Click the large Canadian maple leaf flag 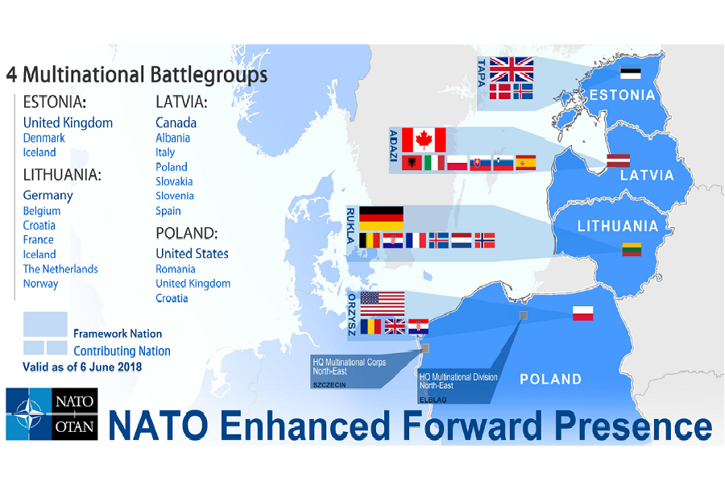point(424,140)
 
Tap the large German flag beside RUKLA point(381,218)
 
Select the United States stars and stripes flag point(383,304)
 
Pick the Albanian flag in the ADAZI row point(412,163)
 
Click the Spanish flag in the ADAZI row point(526,163)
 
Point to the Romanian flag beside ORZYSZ point(371,326)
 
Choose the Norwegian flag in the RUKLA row point(485,241)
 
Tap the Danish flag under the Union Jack point(499,92)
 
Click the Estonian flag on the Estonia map point(630,73)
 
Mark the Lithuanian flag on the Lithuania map point(632,249)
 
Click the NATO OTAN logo point(52,413)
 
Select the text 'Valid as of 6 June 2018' point(82,367)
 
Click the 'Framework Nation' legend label point(118,334)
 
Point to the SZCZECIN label point(329,385)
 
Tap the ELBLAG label point(433,400)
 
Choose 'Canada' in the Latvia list point(176,122)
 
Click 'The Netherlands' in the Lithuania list point(60,269)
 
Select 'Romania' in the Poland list point(176,269)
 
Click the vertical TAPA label point(482,73)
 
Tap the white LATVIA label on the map point(647,176)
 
